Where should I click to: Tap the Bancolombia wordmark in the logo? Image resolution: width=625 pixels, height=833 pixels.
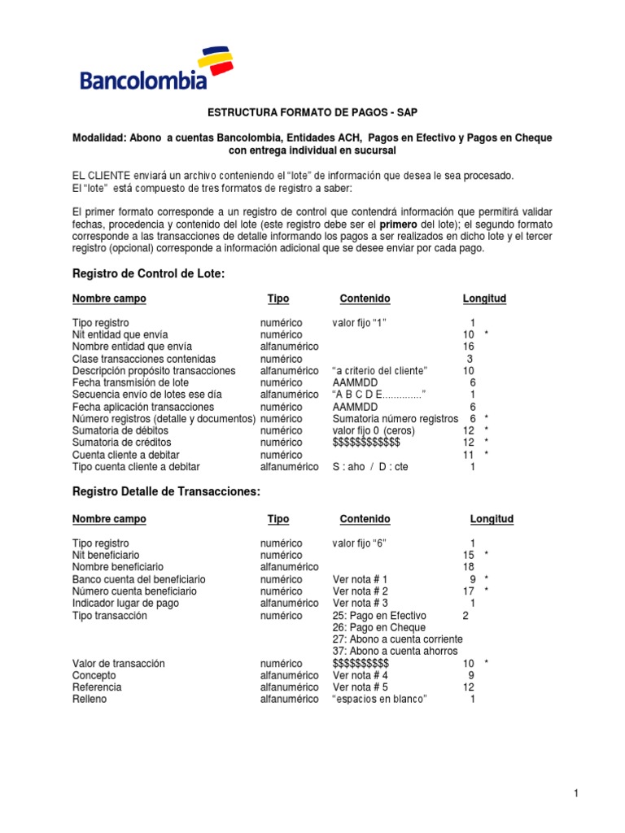pos(142,81)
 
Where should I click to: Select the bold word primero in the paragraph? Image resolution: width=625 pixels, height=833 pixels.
pos(395,224)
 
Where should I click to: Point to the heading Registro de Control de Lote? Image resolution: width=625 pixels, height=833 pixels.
pos(148,274)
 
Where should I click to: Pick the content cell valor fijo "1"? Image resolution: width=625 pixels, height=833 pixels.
pos(359,323)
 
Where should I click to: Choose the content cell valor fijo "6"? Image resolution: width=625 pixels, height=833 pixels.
pos(359,543)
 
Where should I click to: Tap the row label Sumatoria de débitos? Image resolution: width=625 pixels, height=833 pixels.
pos(120,430)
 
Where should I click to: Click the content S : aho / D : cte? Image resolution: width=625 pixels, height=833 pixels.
pos(370,466)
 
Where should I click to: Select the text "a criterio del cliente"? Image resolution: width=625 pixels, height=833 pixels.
pos(380,370)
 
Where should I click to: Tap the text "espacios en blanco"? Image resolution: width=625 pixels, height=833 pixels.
pos(380,699)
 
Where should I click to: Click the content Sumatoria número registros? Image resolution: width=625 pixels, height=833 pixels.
pos(396,418)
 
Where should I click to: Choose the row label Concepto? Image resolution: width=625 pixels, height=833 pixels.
pos(94,675)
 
